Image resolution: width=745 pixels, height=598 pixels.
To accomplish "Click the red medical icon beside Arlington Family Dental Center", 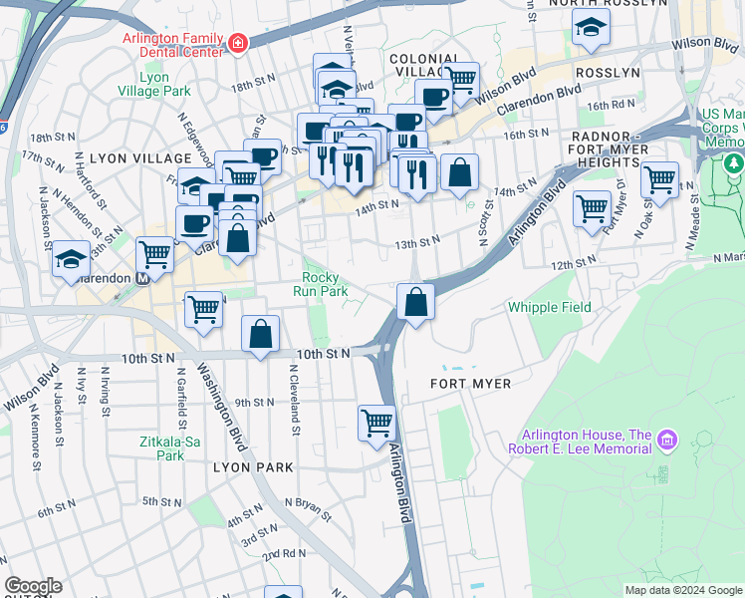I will tap(237, 43).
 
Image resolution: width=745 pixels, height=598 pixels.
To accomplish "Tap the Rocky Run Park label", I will tap(321, 285).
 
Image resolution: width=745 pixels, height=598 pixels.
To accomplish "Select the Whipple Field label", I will tap(549, 308).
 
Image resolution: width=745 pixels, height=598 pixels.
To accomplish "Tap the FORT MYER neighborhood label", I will tap(470, 384).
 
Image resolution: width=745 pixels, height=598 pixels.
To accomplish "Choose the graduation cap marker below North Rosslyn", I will tap(592, 31).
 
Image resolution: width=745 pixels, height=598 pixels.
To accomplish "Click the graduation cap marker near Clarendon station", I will tap(72, 259).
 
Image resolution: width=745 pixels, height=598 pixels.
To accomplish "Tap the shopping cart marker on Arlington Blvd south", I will tap(377, 423).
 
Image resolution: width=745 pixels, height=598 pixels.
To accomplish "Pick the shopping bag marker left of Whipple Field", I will tap(415, 301).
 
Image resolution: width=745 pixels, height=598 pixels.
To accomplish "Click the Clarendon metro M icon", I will tap(142, 279).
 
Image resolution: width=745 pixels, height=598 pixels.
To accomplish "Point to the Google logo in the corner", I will tap(33, 586).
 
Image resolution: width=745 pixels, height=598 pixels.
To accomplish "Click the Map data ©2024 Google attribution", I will tap(682, 590).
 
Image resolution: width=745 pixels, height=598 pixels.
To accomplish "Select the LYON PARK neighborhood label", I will tap(253, 467).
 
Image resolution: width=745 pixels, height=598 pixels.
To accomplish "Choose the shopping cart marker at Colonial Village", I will tap(460, 80).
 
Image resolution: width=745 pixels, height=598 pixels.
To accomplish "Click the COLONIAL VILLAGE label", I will tap(423, 66).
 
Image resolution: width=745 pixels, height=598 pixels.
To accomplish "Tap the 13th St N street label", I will tap(416, 242).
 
